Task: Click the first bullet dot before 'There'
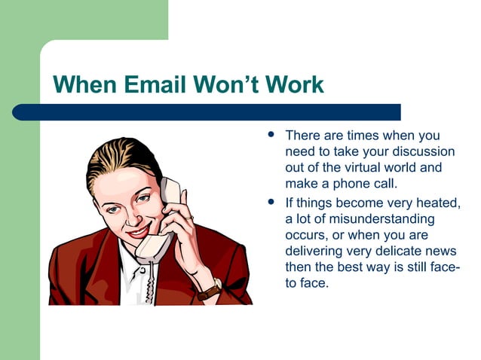(x=269, y=136)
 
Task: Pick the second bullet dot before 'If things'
(x=269, y=203)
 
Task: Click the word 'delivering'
(x=316, y=252)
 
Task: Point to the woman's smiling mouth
(x=139, y=230)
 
